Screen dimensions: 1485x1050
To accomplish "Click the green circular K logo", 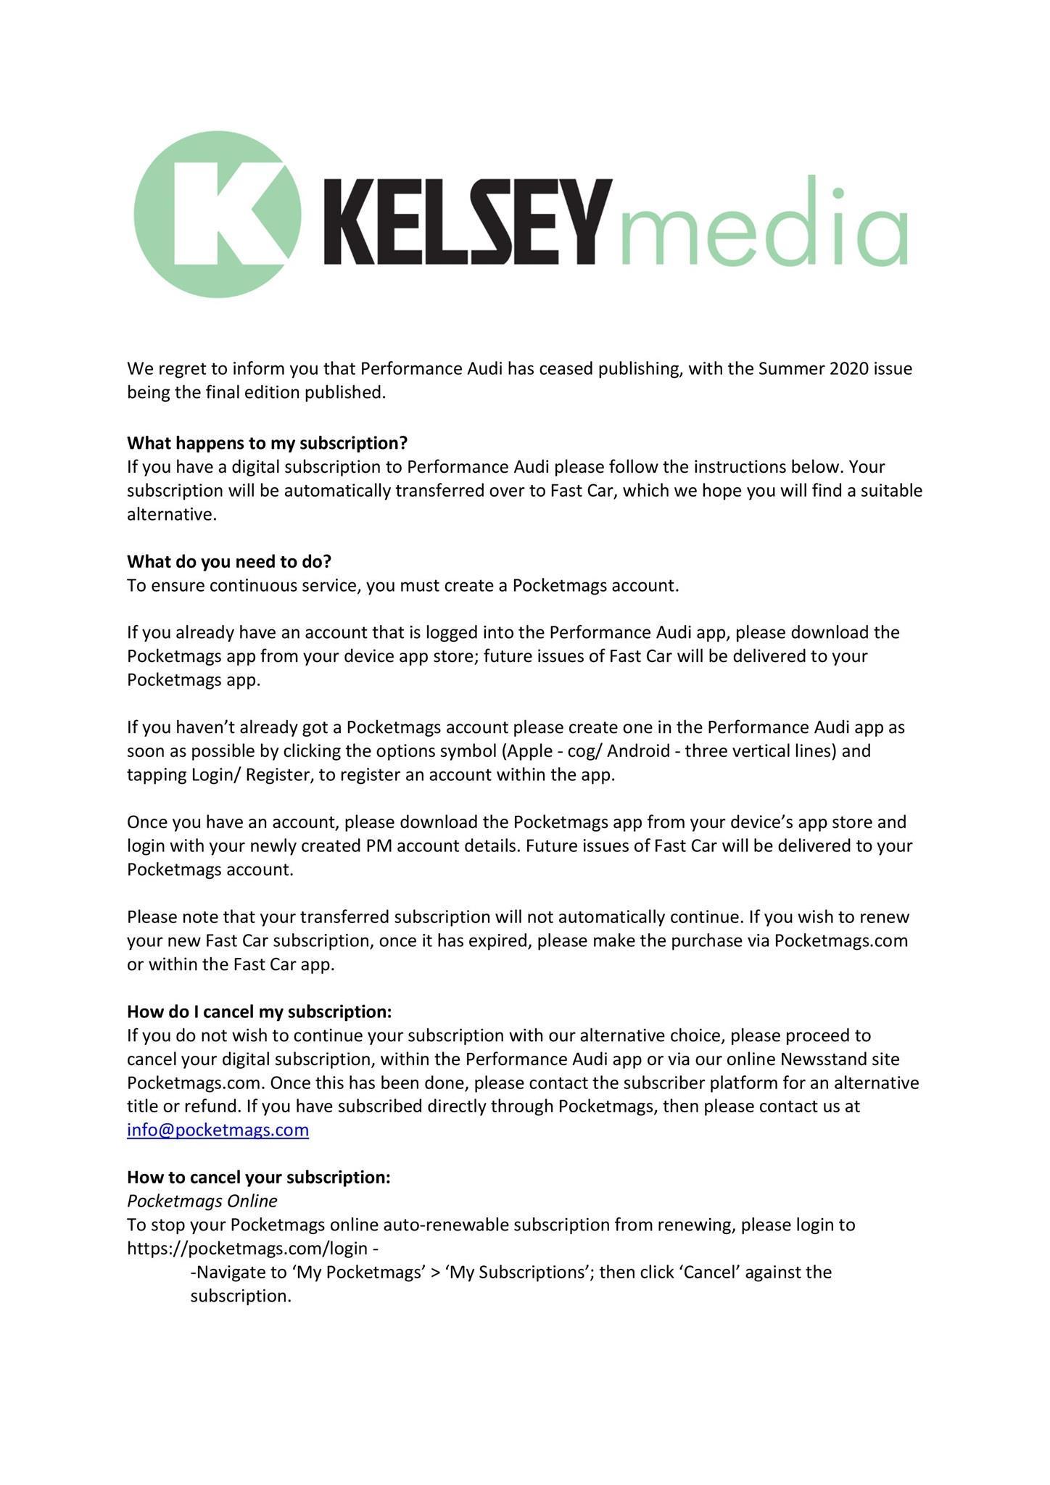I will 217,215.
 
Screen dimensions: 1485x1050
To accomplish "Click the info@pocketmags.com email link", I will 218,1130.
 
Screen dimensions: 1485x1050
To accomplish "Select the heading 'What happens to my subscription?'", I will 267,442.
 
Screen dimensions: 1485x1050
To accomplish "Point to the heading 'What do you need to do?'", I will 229,561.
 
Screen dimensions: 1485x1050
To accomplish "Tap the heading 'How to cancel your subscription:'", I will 258,1177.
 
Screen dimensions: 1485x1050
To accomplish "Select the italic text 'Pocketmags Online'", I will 202,1201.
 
